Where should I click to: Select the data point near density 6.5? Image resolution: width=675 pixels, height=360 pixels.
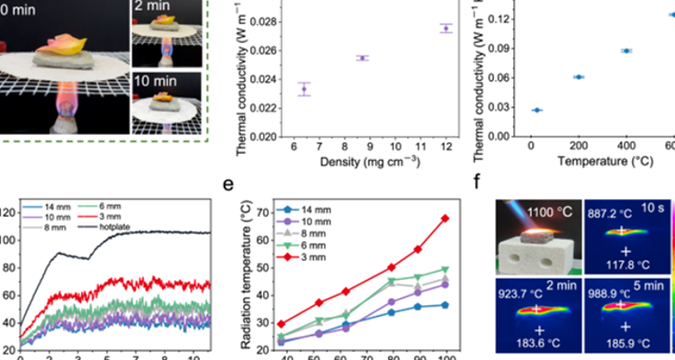(x=304, y=88)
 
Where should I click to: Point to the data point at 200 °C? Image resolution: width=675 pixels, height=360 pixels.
(x=579, y=76)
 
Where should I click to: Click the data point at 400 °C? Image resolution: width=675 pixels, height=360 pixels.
(x=626, y=50)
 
